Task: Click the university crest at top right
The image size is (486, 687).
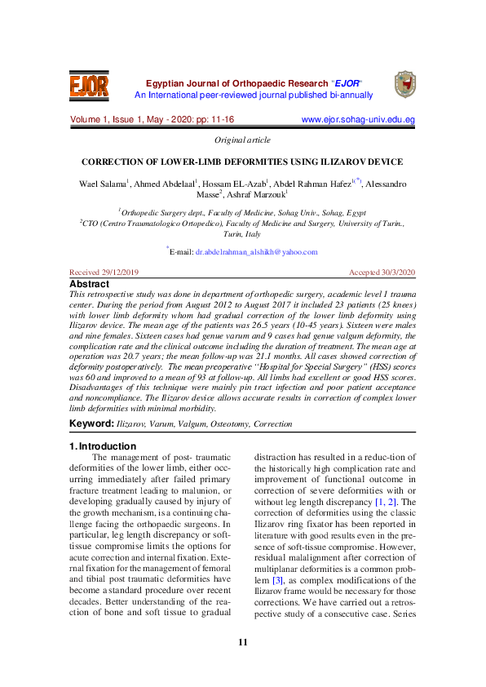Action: click(404, 84)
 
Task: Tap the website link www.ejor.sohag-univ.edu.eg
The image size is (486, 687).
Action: click(358, 120)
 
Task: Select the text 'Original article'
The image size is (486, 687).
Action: click(242, 140)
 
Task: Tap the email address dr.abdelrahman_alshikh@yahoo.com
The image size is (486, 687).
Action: click(256, 252)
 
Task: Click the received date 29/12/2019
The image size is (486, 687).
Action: click(118, 272)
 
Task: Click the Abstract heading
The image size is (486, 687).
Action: click(90, 284)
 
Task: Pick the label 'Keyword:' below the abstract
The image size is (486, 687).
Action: click(91, 424)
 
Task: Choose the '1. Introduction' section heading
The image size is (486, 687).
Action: click(103, 446)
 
